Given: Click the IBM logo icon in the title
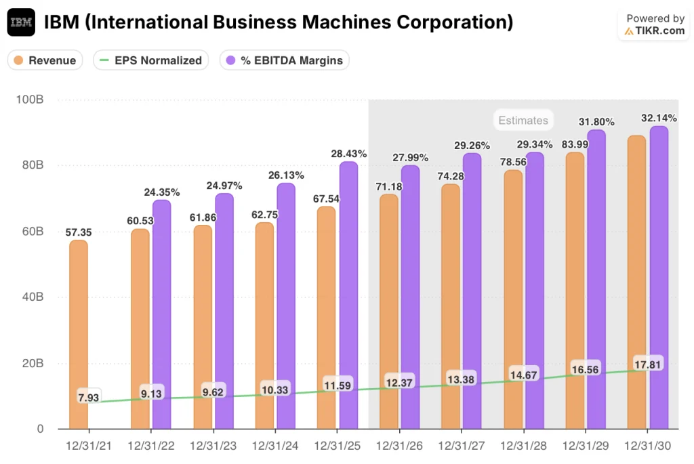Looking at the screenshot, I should pyautogui.click(x=21, y=22).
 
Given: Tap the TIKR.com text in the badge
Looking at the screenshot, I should pyautogui.click(x=660, y=31).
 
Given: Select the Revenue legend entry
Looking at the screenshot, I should pyautogui.click(x=45, y=60).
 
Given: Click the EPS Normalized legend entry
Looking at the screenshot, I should pyautogui.click(x=150, y=60).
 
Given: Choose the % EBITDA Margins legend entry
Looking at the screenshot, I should pyautogui.click(x=285, y=60).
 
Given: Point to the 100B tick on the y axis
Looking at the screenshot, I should pyautogui.click(x=30, y=100).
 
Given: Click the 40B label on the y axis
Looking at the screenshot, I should pyautogui.click(x=30, y=297).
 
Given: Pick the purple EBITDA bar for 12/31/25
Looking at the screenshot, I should pyautogui.click(x=348, y=291).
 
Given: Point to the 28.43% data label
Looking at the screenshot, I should pyautogui.click(x=349, y=154).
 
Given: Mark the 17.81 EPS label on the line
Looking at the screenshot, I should pyautogui.click(x=648, y=364).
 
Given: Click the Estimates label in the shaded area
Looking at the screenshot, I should pyautogui.click(x=523, y=121).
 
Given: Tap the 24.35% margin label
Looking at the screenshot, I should pyautogui.click(x=161, y=192).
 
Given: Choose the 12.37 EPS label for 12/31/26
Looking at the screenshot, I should pyautogui.click(x=400, y=383).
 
